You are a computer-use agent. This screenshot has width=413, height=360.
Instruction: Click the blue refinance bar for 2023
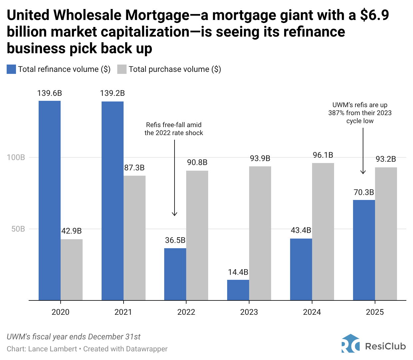(238, 290)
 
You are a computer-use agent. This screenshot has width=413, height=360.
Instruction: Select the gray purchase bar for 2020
(72, 270)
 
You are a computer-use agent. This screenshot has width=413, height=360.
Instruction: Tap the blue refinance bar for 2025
(364, 250)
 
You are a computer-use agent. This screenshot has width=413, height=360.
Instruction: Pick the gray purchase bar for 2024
(323, 232)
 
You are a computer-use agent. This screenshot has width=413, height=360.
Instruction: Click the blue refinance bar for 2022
(175, 274)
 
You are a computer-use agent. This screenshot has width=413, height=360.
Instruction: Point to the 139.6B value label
(50, 93)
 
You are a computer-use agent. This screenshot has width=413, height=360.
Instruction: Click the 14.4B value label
(238, 272)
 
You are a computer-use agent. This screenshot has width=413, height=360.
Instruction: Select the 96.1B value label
(323, 155)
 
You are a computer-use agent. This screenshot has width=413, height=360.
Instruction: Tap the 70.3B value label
(364, 192)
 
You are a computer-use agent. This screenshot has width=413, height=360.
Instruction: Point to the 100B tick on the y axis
(16, 157)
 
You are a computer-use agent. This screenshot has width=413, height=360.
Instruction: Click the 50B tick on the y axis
(18, 229)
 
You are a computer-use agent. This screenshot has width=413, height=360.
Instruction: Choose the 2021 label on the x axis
(123, 312)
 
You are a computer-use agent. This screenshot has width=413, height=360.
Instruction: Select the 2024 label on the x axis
(312, 312)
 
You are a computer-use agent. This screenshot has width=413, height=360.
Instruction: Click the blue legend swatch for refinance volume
(11, 69)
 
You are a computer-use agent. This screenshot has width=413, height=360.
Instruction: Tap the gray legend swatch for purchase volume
(122, 69)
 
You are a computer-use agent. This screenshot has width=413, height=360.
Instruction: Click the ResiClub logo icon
(350, 343)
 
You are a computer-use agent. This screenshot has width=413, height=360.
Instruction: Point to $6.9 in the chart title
(374, 15)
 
